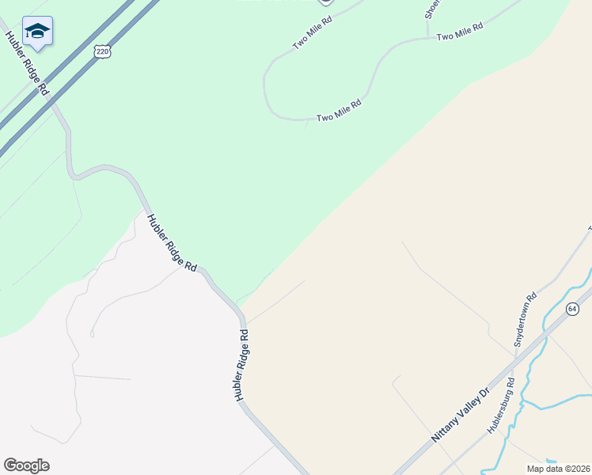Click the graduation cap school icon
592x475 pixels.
37,32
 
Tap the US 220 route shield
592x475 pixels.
101,51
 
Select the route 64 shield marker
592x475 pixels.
573,308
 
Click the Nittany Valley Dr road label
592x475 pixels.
461,414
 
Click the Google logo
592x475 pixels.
26,465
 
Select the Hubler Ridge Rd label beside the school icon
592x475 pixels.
27,63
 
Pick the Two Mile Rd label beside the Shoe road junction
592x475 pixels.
459,33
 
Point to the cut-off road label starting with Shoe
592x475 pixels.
431,9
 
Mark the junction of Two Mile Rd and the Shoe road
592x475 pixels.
428,36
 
